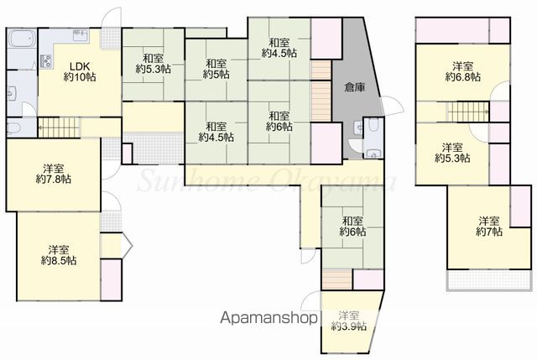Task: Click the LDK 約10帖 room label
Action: pyautogui.click(x=80, y=71)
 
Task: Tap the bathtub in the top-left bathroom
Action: pyautogui.click(x=21, y=39)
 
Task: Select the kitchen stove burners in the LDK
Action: pyautogui.click(x=46, y=60)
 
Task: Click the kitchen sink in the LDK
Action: pyautogui.click(x=81, y=35)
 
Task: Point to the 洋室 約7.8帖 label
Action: pyautogui.click(x=54, y=174)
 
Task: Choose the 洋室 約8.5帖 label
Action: pyautogui.click(x=59, y=255)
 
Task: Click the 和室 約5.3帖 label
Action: pyautogui.click(x=153, y=64)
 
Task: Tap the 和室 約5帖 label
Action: pyautogui.click(x=216, y=69)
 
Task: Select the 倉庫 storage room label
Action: pyautogui.click(x=354, y=87)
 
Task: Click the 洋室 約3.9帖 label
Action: pyautogui.click(x=349, y=321)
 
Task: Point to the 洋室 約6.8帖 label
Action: pyautogui.click(x=462, y=71)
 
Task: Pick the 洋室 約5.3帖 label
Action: pyautogui.click(x=452, y=153)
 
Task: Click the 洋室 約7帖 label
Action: pyautogui.click(x=489, y=226)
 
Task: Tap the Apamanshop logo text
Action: pyautogui.click(x=268, y=318)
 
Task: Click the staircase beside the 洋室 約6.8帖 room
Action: pyautogui.click(x=468, y=112)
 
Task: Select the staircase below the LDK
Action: pyautogui.click(x=59, y=127)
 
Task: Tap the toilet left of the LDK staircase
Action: pyautogui.click(x=14, y=128)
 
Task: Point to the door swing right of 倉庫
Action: pyautogui.click(x=393, y=107)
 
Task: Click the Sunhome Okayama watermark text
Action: pyautogui.click(x=267, y=180)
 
